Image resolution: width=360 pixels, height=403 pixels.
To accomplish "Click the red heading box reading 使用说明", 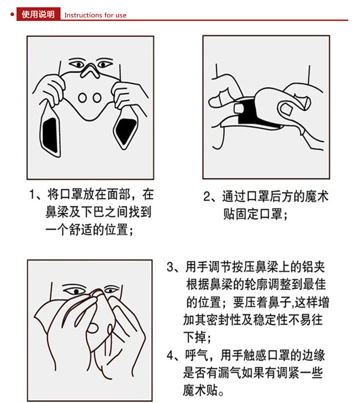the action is pyautogui.click(x=38, y=14).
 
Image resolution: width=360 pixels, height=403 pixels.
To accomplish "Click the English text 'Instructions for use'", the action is pyautogui.click(x=96, y=15).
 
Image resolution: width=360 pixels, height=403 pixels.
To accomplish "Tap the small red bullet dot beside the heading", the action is pyautogui.click(x=12, y=15).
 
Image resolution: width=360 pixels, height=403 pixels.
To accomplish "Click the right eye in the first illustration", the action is pyautogui.click(x=104, y=64).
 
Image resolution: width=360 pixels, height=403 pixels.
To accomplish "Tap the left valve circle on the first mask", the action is pyautogui.click(x=82, y=97).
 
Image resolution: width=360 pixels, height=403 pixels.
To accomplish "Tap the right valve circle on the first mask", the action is pyautogui.click(x=97, y=97).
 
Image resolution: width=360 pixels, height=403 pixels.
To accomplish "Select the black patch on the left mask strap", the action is pyautogui.click(x=50, y=135).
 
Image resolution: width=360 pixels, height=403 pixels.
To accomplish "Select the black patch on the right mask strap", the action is pyautogui.click(x=125, y=130).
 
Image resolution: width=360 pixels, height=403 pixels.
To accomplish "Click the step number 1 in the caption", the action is pyautogui.click(x=32, y=194).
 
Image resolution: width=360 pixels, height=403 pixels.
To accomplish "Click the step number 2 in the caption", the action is pyautogui.click(x=207, y=196).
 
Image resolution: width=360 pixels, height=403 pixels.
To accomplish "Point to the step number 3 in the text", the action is pyautogui.click(x=170, y=267).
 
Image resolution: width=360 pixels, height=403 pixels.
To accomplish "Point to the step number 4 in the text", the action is pyautogui.click(x=170, y=355).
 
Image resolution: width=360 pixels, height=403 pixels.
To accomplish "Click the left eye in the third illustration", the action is pyautogui.click(x=75, y=291).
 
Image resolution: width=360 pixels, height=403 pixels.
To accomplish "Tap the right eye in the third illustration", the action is pyautogui.click(x=112, y=290).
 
